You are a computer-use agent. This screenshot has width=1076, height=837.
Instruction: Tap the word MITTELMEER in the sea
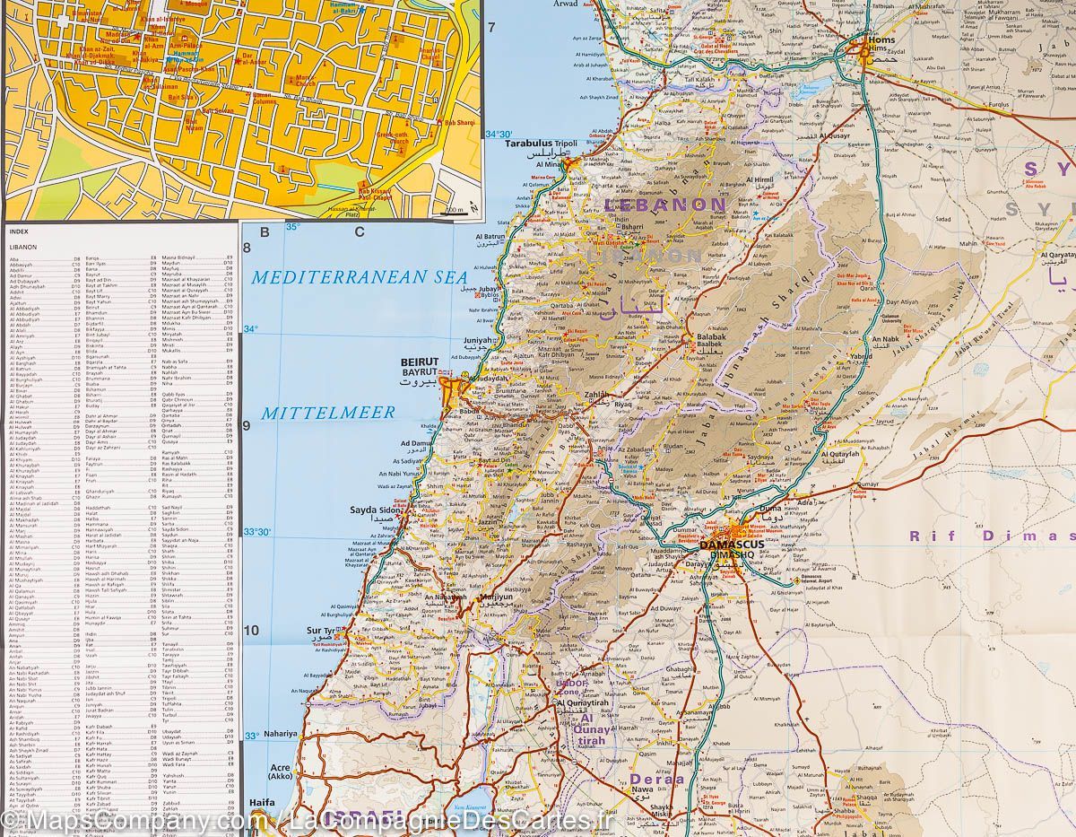pos(328,414)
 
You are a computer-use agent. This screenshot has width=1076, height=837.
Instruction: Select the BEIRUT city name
pos(421,362)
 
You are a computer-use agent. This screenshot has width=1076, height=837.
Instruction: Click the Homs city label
pos(882,40)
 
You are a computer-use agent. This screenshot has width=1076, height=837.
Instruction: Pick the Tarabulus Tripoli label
pos(541,143)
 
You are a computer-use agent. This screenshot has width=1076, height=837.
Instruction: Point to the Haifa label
pos(263,803)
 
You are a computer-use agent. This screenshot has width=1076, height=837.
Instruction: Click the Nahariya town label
pos(280,733)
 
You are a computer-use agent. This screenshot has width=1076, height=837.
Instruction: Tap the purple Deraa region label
pos(656,779)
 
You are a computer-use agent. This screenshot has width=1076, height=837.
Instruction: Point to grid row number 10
pos(251,630)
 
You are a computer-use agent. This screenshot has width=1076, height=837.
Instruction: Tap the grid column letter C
pos(359,232)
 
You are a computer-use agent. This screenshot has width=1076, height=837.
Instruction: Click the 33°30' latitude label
pos(256,533)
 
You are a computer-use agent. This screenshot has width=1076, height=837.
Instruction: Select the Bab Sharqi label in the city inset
pos(461,122)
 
